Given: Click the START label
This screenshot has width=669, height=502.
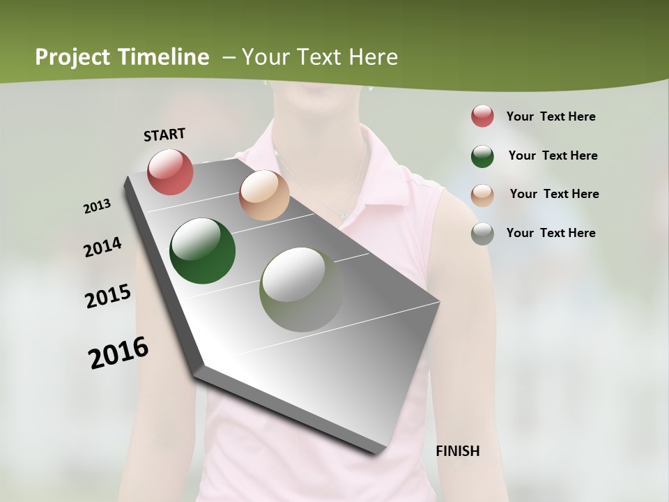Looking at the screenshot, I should [164, 135].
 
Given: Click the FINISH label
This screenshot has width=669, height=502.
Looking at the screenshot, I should [457, 451].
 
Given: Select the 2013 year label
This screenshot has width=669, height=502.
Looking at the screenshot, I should [98, 206].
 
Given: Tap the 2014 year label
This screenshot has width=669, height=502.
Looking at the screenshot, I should [102, 247].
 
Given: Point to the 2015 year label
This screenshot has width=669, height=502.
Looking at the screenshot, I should [108, 296].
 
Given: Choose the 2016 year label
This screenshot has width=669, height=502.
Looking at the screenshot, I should [118, 352].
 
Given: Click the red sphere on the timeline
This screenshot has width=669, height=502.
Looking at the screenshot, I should [170, 172].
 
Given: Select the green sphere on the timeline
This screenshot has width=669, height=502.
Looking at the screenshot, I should [203, 251].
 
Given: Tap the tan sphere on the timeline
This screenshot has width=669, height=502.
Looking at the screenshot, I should [264, 195].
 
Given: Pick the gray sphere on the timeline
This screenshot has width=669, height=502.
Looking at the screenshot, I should [301, 289].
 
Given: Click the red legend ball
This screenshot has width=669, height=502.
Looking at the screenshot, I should [482, 116].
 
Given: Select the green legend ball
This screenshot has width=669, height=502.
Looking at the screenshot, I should [482, 156].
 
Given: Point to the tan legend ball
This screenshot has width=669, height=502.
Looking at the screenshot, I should [482, 195].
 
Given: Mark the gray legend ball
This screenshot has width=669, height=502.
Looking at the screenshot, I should [482, 234].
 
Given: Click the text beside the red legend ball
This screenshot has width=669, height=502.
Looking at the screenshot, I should [551, 116].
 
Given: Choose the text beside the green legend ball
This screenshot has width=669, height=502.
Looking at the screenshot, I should [553, 155].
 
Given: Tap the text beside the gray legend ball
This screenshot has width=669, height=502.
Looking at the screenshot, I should [551, 233].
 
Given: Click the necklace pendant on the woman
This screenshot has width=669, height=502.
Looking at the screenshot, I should [344, 213].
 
